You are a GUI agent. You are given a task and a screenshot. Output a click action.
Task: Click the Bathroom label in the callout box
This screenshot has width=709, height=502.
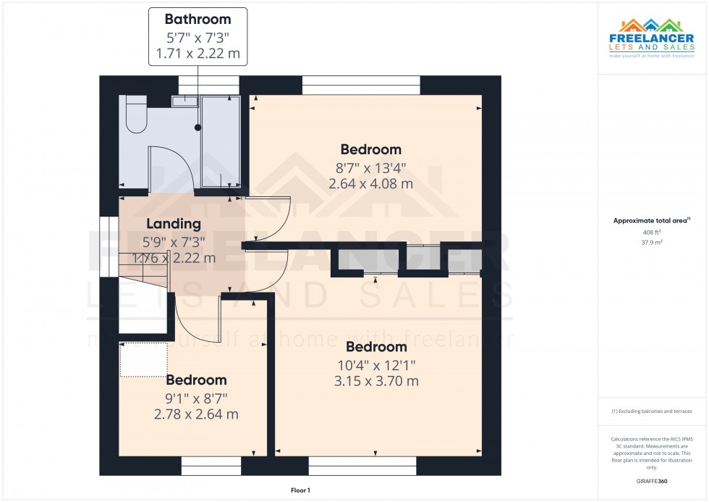pos(198,20)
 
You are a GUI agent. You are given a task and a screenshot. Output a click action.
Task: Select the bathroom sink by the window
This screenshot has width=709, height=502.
pos(185,101)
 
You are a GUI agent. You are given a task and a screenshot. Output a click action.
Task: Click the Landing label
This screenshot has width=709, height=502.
pos(173,224)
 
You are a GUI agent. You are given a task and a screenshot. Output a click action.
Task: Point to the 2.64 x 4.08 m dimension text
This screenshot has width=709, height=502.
pos(370,183)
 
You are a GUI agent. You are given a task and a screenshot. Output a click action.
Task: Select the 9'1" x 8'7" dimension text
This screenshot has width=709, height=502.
pos(195,398)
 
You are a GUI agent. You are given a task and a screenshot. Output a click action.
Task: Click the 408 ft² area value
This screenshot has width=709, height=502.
pos(652,232)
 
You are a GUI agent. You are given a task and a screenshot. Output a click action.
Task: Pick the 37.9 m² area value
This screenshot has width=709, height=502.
pos(652,243)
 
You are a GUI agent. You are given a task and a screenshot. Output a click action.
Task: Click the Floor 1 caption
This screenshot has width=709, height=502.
pos(300,490)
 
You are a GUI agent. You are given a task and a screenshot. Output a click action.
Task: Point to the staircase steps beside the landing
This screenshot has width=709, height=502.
pos(145,275)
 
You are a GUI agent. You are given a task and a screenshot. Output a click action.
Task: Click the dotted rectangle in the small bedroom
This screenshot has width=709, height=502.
pos(143,359)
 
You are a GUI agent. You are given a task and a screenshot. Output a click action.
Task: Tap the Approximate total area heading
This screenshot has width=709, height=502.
pos(651,220)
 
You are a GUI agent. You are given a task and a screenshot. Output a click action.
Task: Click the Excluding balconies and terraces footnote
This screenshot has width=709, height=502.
pos(652,411)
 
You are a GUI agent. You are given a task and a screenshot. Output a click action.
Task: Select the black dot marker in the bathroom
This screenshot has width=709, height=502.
pos(198,127)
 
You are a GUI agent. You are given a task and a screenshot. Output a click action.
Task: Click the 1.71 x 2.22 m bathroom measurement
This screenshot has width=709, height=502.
pos(198,53)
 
